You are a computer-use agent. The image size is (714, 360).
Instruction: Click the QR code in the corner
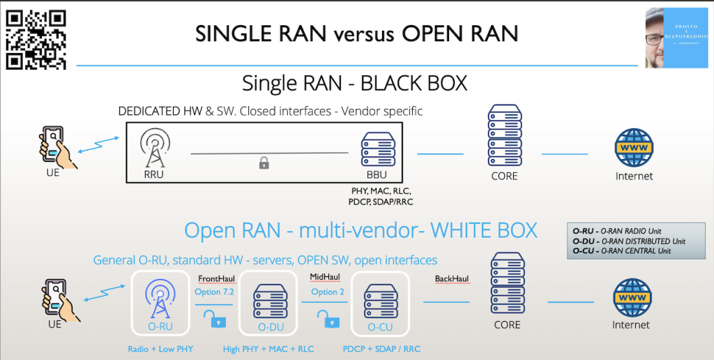pyautogui.click(x=36, y=40)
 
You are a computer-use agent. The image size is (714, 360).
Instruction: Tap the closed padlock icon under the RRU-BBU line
pyautogui.click(x=264, y=163)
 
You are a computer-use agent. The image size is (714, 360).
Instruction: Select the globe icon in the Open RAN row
pyautogui.click(x=631, y=298)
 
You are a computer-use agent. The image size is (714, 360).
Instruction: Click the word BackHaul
pyautogui.click(x=451, y=278)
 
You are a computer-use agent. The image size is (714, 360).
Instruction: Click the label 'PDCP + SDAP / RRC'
pyautogui.click(x=381, y=349)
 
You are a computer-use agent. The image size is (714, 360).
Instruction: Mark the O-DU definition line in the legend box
pyautogui.click(x=629, y=241)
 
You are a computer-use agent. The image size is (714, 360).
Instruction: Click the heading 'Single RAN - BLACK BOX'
pyautogui.click(x=354, y=83)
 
